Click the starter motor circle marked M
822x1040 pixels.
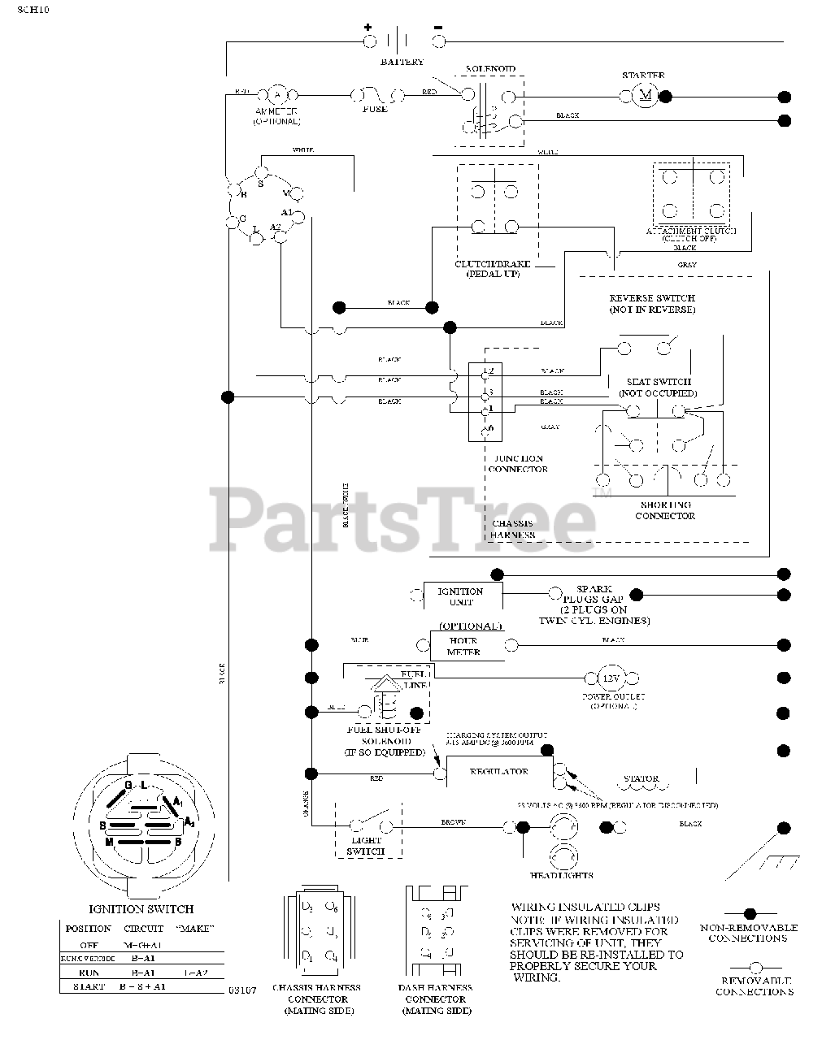click(x=646, y=96)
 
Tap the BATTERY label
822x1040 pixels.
click(x=402, y=62)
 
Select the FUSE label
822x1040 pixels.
click(x=374, y=109)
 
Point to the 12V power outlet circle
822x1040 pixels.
click(x=610, y=678)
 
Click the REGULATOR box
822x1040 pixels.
click(x=499, y=772)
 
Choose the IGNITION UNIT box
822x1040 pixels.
click(x=460, y=596)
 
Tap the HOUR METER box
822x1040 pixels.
click(x=463, y=646)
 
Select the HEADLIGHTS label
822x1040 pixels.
click(x=562, y=875)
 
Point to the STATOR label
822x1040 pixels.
click(x=641, y=778)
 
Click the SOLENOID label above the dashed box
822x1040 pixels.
click(x=490, y=69)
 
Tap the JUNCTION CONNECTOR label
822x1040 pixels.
click(x=518, y=464)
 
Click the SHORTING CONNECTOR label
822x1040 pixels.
click(x=665, y=510)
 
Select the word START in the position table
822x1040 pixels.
click(x=88, y=986)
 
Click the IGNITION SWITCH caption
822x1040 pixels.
click(x=141, y=909)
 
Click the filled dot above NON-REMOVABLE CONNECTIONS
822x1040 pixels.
click(x=750, y=914)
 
